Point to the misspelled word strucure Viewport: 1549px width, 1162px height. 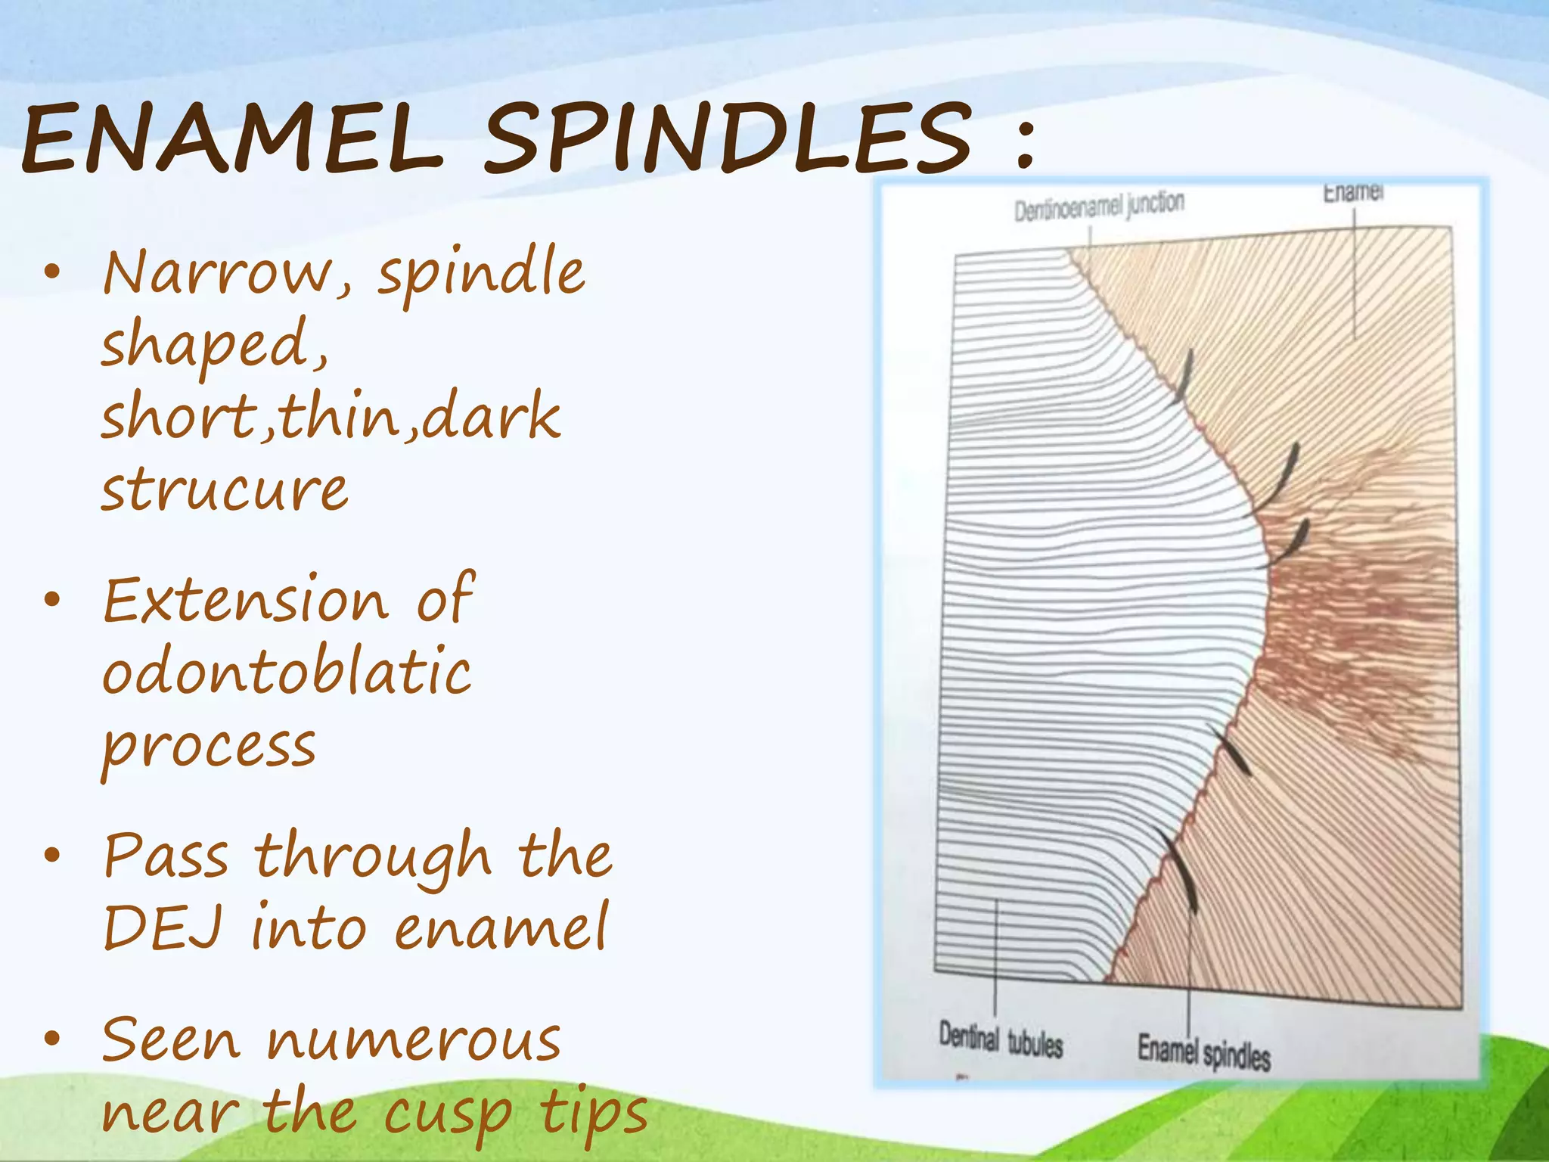[x=225, y=490]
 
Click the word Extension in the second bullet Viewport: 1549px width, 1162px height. [x=246, y=601]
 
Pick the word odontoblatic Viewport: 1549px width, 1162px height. [x=287, y=672]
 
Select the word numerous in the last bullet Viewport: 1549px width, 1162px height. [x=414, y=1041]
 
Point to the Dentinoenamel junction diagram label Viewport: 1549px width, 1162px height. [x=1099, y=207]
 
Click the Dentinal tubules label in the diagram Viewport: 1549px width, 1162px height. [x=1001, y=1040]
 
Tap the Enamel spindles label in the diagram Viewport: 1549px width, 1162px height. [x=1203, y=1052]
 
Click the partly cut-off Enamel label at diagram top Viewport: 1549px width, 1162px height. [x=1353, y=193]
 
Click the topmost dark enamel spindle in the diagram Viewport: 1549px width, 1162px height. [x=1184, y=375]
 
